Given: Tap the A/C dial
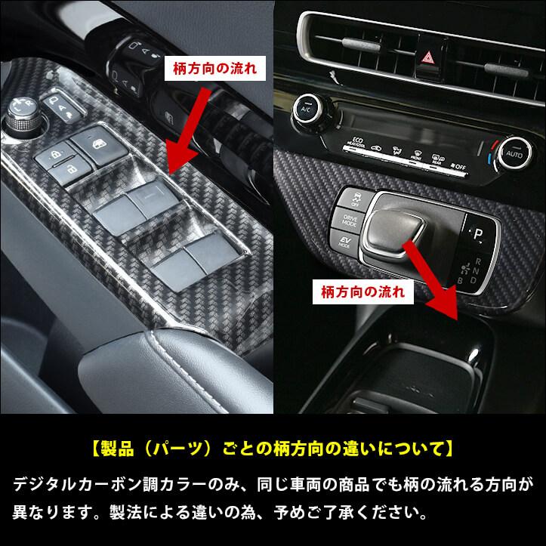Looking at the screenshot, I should pos(309,108).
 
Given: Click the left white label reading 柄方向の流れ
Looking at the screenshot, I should pos(213,66).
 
